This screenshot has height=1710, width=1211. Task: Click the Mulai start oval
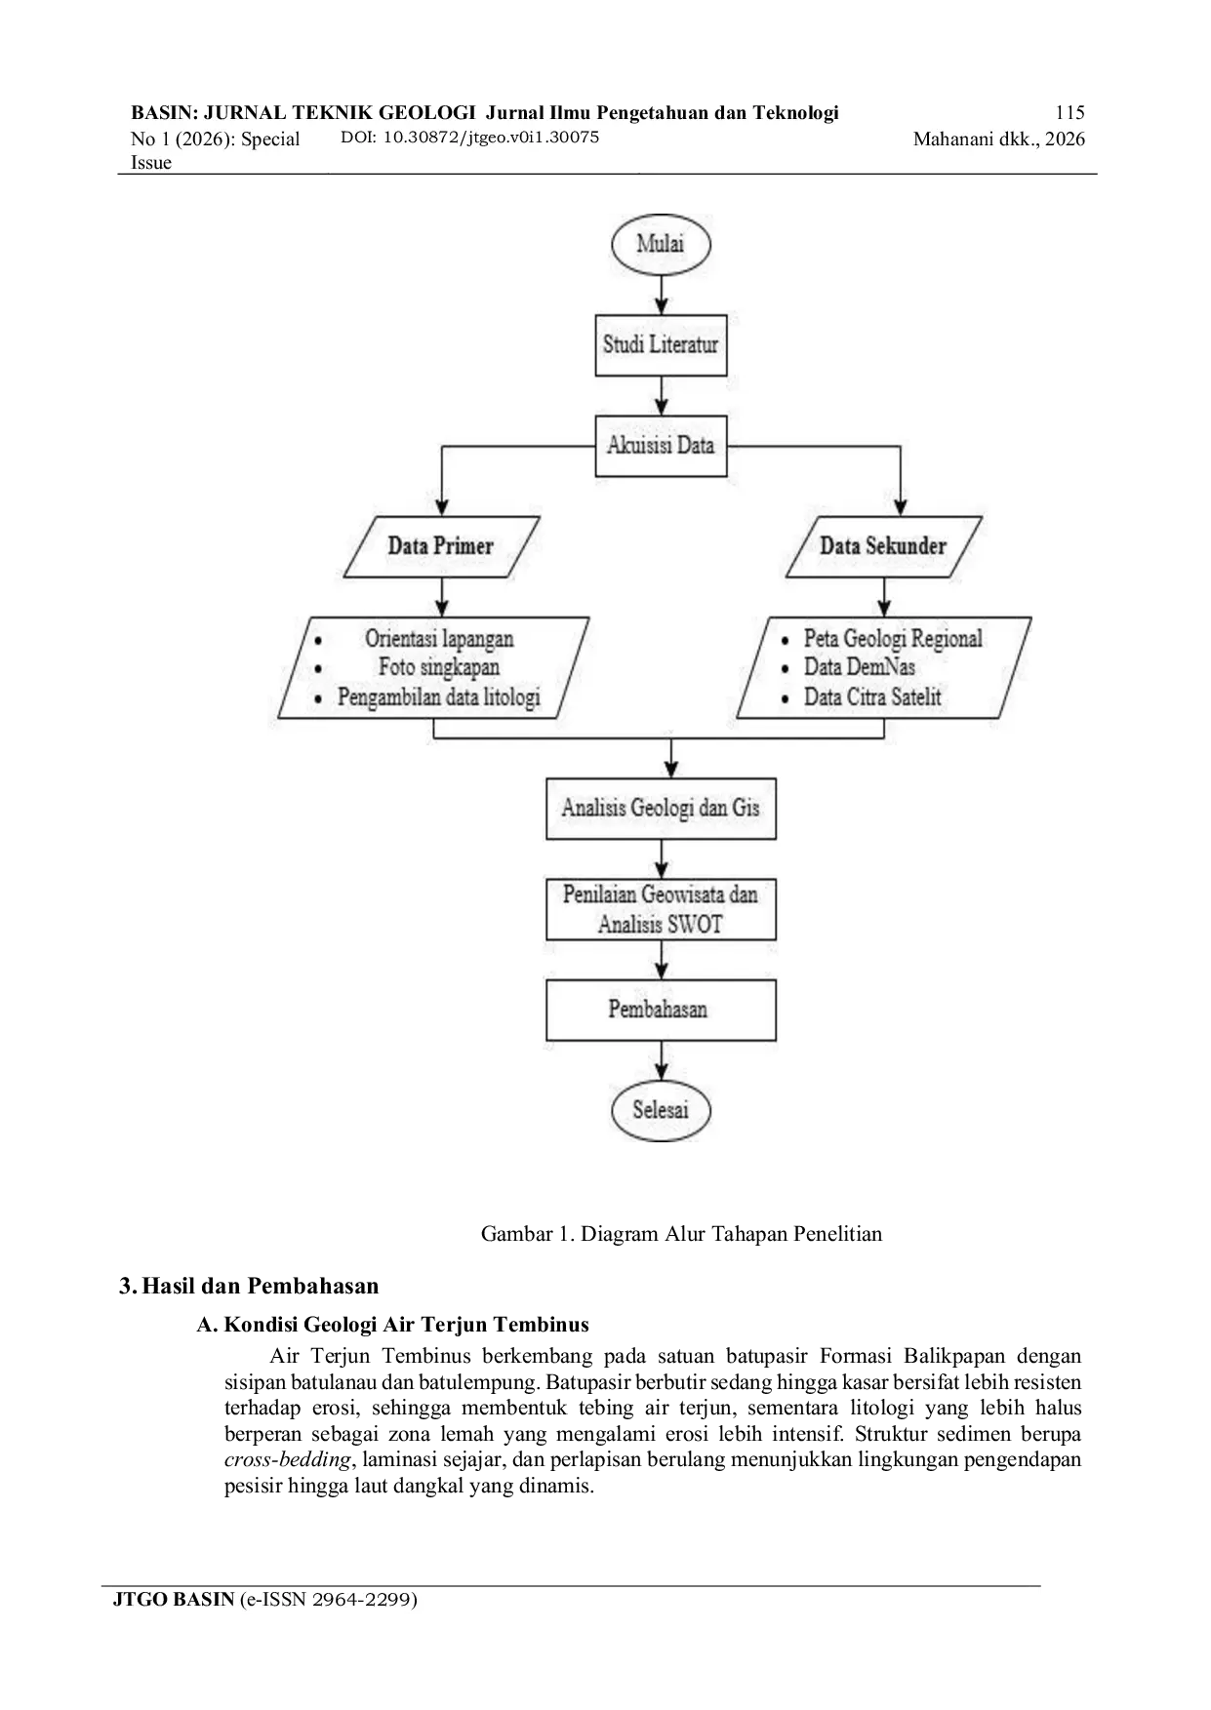click(x=661, y=243)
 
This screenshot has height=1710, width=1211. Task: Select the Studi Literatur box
click(x=661, y=344)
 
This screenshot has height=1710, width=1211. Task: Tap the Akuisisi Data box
click(x=661, y=446)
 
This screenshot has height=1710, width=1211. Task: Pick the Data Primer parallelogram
click(x=442, y=546)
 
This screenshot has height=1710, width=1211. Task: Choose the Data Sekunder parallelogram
click(x=883, y=546)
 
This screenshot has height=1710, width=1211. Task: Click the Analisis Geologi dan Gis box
click(x=661, y=808)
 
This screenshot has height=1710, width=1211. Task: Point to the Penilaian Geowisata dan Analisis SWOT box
click(x=661, y=909)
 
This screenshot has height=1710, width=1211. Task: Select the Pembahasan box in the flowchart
click(x=661, y=1010)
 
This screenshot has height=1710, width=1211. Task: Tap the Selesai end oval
click(x=661, y=1110)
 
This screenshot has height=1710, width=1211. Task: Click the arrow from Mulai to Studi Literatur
click(x=663, y=294)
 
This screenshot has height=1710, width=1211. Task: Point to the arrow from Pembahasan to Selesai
click(x=663, y=1060)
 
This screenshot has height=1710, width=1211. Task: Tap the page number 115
click(x=1070, y=112)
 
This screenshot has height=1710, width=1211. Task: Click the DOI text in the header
click(x=469, y=137)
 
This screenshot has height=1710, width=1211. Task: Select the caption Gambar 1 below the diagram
click(x=681, y=1234)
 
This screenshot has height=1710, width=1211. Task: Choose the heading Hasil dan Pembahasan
click(x=261, y=1286)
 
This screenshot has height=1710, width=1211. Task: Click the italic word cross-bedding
click(x=287, y=1460)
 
